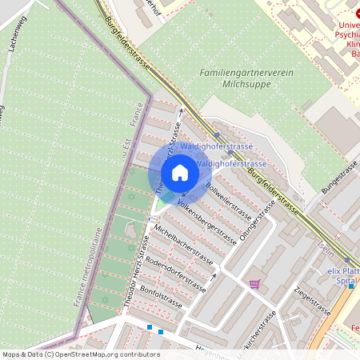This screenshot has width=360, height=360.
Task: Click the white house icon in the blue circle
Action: [180, 172]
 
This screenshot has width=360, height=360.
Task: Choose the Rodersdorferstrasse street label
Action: [178, 270]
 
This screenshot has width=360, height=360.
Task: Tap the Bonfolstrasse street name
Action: [162, 296]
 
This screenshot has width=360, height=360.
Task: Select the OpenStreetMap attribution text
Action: [80, 354]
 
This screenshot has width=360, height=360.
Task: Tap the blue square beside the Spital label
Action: [351, 286]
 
